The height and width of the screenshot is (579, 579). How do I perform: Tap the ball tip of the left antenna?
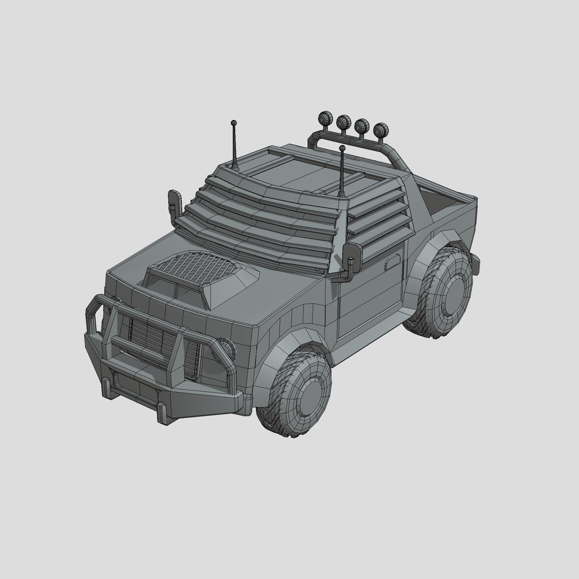[x=233, y=123]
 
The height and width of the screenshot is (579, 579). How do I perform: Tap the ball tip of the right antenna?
[x=342, y=148]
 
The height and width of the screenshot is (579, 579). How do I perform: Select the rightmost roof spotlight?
[x=381, y=130]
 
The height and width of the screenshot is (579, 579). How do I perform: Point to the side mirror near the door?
[x=352, y=256]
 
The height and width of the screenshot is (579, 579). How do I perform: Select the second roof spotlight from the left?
[x=343, y=122]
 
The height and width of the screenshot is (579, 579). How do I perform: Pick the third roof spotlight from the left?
[x=362, y=125]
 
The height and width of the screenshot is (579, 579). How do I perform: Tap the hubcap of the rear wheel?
[x=452, y=294]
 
